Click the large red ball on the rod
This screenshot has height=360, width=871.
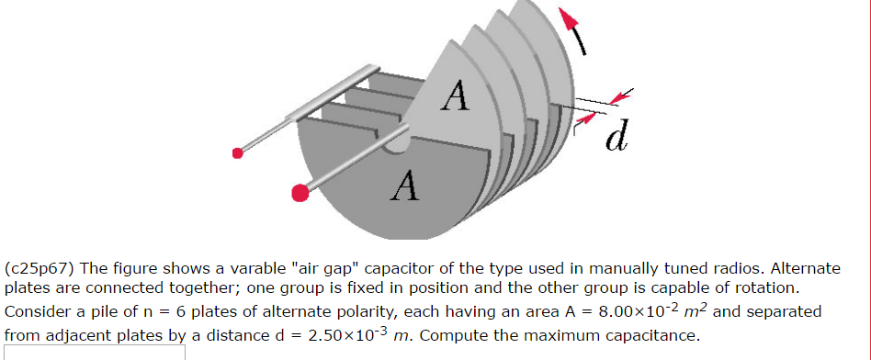300,192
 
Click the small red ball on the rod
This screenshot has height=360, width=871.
237,152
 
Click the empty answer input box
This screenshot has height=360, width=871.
92,353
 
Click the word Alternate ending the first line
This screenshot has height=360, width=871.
805,269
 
